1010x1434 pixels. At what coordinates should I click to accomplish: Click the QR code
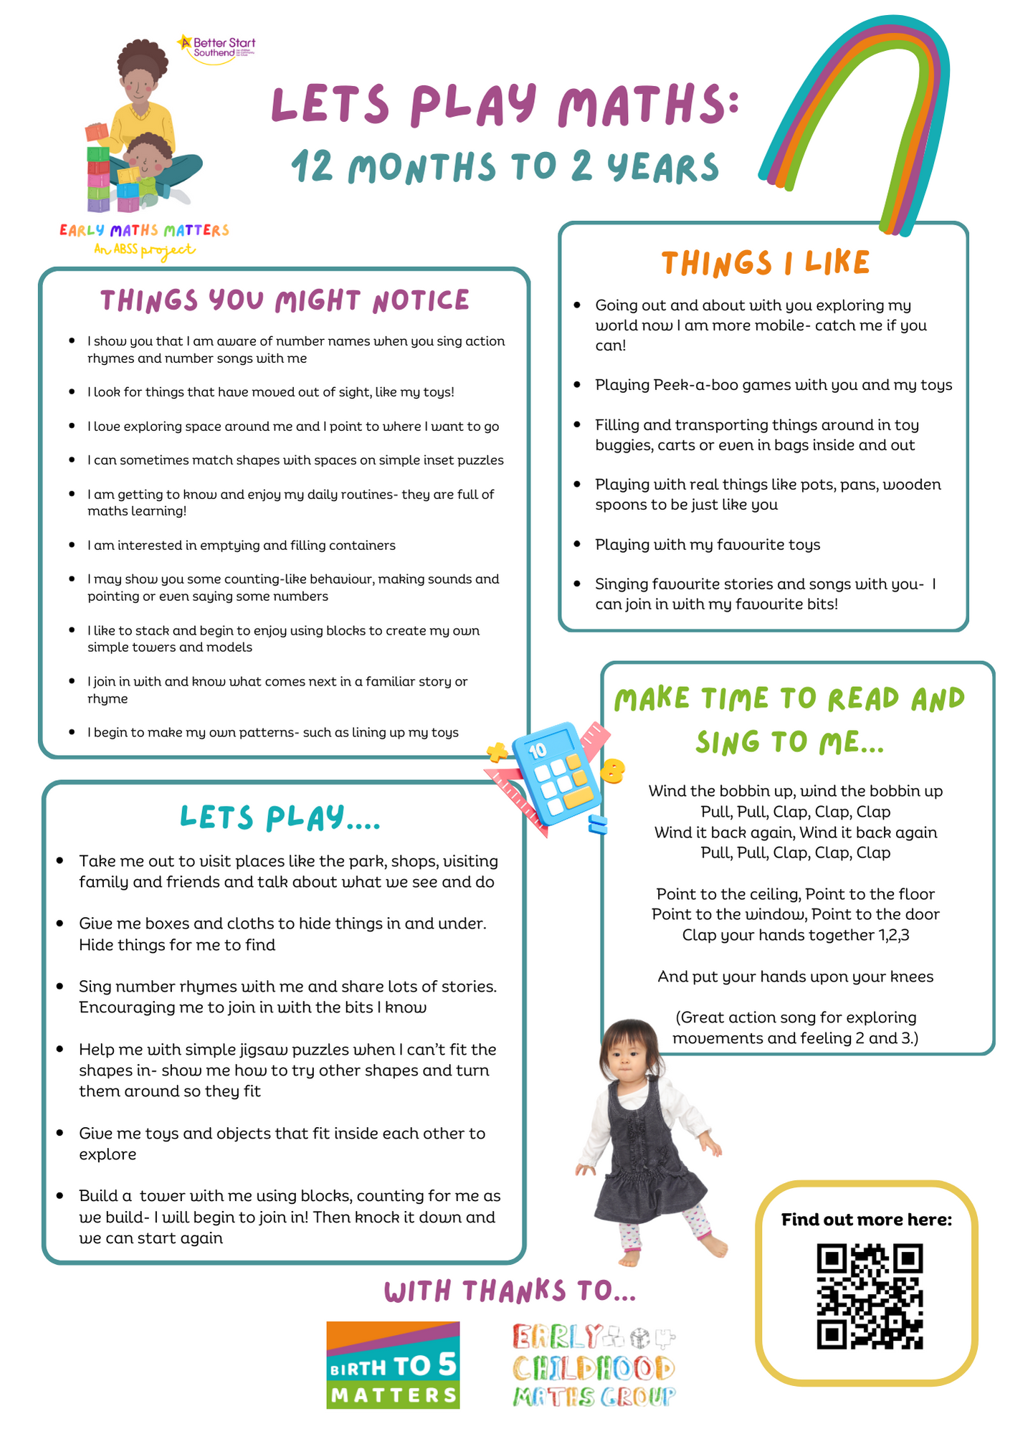pos(870,1296)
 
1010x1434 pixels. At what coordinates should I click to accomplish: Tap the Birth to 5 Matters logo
pos(393,1364)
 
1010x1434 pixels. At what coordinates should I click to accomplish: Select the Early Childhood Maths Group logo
pos(594,1365)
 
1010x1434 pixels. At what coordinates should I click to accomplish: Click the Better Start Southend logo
pos(216,49)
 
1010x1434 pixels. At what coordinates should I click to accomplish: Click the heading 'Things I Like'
pos(765,263)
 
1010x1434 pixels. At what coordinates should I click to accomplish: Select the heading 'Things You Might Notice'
pos(285,300)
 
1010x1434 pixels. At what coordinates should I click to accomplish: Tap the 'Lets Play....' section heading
pos(280,817)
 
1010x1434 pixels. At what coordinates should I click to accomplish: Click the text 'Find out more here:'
pos(867,1220)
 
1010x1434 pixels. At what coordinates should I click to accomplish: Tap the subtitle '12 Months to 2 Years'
pos(505,166)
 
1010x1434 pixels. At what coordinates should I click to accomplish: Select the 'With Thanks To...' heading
pos(510,1291)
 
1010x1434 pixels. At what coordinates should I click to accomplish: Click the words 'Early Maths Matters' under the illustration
pos(144,230)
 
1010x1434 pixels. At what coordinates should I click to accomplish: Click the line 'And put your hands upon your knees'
pos(795,977)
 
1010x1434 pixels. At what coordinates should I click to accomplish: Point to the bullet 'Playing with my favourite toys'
pos(707,545)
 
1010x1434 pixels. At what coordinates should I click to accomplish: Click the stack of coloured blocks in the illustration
pos(98,172)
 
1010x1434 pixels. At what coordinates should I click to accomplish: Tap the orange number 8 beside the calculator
pos(612,771)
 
